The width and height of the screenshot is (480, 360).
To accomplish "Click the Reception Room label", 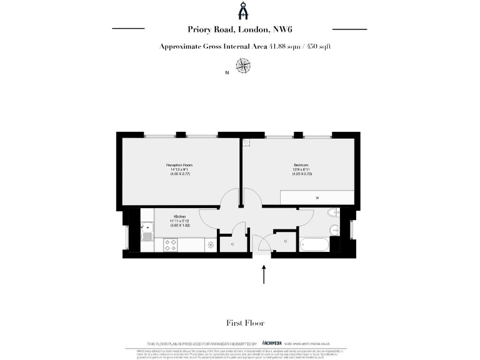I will [178, 164].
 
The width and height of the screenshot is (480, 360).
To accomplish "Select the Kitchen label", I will [180, 217].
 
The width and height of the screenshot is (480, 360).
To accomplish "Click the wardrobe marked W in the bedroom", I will [317, 197].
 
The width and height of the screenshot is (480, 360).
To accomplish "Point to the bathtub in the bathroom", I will [316, 244].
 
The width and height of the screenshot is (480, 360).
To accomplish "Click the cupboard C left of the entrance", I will [232, 244].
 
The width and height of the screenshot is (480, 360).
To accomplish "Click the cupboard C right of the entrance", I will [285, 241].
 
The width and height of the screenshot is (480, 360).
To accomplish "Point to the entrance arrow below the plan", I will [264, 274].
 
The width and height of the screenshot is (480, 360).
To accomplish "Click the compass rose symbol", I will [242, 65].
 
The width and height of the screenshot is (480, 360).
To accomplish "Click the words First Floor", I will [245, 323].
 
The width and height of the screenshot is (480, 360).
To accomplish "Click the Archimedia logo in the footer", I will [272, 343].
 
